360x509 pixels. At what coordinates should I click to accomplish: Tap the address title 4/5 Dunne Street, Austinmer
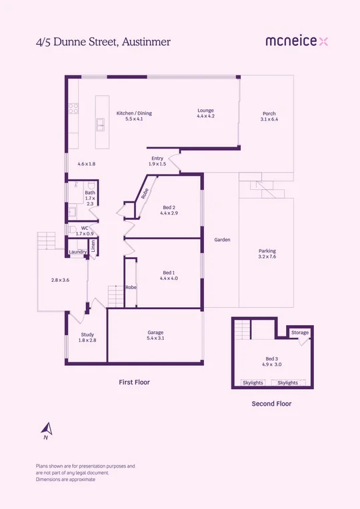[x=103, y=41]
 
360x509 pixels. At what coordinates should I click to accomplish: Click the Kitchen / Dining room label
[x=134, y=113]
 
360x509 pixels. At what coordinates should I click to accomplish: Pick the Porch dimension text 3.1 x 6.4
[x=269, y=119]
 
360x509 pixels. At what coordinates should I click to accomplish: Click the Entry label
[x=157, y=158]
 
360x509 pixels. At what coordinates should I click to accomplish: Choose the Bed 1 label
[x=169, y=272]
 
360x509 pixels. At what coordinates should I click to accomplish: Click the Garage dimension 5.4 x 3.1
[x=156, y=338]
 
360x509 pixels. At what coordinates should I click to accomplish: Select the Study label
[x=88, y=334]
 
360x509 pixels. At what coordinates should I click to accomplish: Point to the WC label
[x=85, y=228]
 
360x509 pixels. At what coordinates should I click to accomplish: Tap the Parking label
[x=267, y=251]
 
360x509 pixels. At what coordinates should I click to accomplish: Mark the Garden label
[x=222, y=239]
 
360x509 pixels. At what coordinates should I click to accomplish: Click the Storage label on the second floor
[x=300, y=332]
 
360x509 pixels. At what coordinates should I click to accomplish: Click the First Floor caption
[x=134, y=382]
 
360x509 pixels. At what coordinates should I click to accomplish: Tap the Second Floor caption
[x=271, y=404]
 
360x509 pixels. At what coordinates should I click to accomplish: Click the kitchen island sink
[x=101, y=123]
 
